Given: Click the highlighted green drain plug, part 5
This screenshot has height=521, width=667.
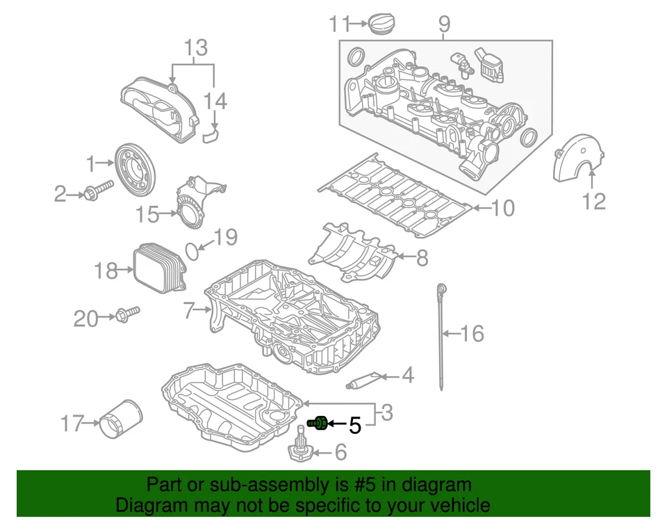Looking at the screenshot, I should click(318, 422).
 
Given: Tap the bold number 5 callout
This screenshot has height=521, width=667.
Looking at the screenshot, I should click(354, 425).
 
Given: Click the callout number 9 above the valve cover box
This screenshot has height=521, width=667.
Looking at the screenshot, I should click(444, 25).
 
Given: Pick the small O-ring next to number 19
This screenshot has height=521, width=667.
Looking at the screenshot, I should click(194, 249).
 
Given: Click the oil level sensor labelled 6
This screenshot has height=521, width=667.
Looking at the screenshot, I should click(301, 446).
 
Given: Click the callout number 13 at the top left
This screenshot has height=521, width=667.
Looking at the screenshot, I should click(196, 48).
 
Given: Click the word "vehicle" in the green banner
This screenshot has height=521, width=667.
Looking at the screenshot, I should click(456, 505).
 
